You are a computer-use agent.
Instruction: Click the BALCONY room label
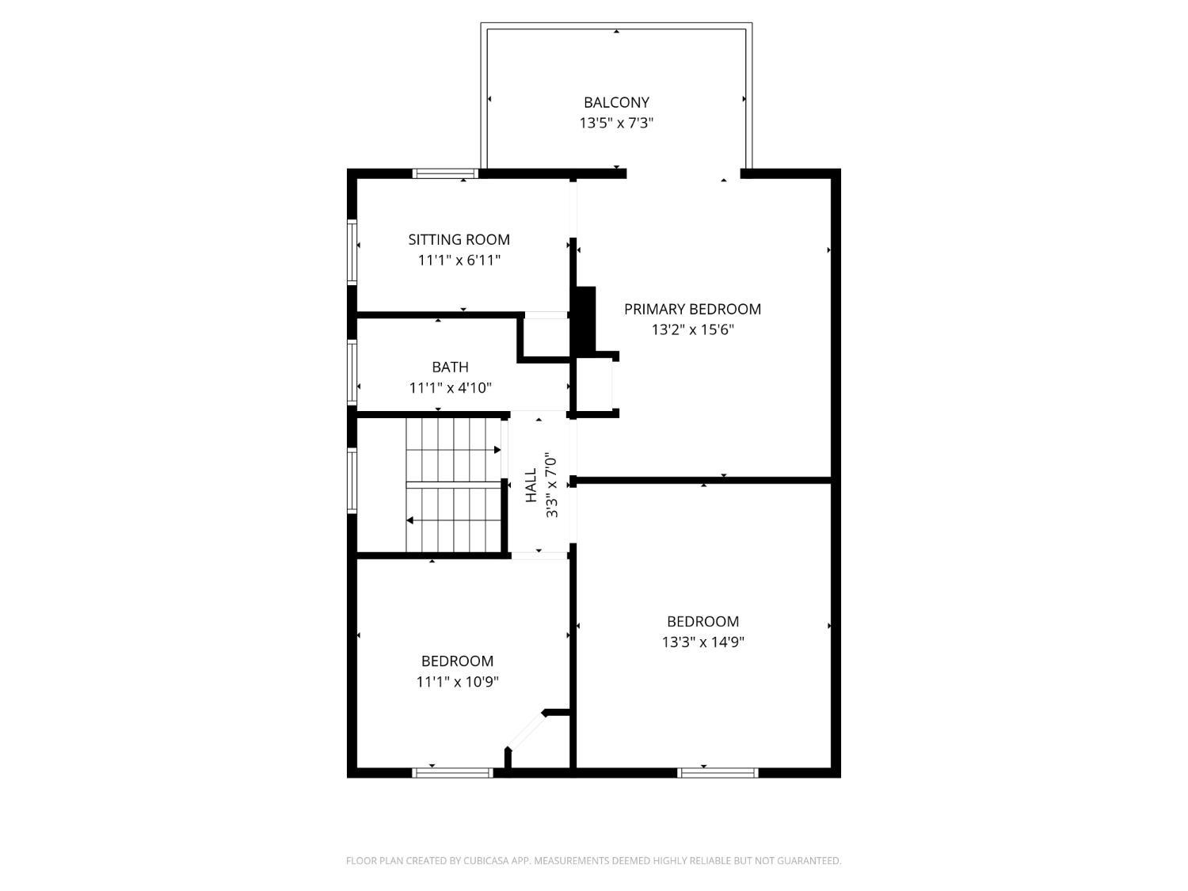616,102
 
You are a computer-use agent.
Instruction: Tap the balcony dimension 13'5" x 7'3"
616,124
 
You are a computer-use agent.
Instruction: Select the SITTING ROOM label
459,240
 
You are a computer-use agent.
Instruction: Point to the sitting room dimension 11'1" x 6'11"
459,261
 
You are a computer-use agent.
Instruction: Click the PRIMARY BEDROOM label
692,309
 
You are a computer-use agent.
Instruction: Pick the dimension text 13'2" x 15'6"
692,329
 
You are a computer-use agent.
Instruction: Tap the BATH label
450,367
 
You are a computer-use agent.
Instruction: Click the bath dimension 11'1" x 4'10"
450,388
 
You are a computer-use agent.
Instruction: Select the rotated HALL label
531,485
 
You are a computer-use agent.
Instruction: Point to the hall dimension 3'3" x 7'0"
551,485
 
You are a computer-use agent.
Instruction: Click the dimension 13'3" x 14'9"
703,642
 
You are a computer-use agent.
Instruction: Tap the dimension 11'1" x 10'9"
457,682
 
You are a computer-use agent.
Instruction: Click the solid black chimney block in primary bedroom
585,320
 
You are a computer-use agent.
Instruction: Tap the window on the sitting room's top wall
445,173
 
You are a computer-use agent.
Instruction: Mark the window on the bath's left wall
352,372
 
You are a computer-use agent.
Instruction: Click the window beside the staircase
352,481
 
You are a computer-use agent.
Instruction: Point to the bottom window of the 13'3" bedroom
718,773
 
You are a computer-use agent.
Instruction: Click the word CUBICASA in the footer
486,861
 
